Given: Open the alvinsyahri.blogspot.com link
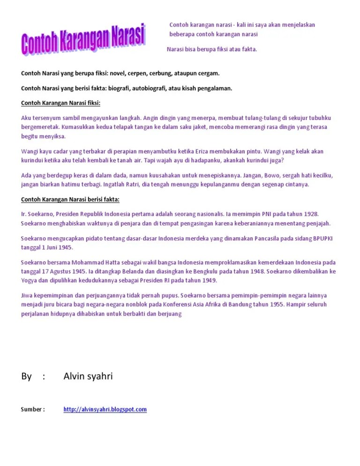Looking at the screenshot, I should tap(105, 409).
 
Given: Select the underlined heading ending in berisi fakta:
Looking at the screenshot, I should tap(70, 200).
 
